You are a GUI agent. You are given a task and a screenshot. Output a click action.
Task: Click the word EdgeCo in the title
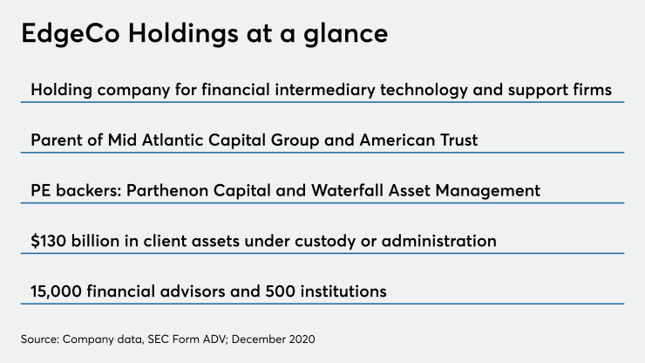coord(73,36)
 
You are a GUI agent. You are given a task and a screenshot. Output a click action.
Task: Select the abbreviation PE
coord(40,190)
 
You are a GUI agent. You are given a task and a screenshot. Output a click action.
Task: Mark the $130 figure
coord(49,241)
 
